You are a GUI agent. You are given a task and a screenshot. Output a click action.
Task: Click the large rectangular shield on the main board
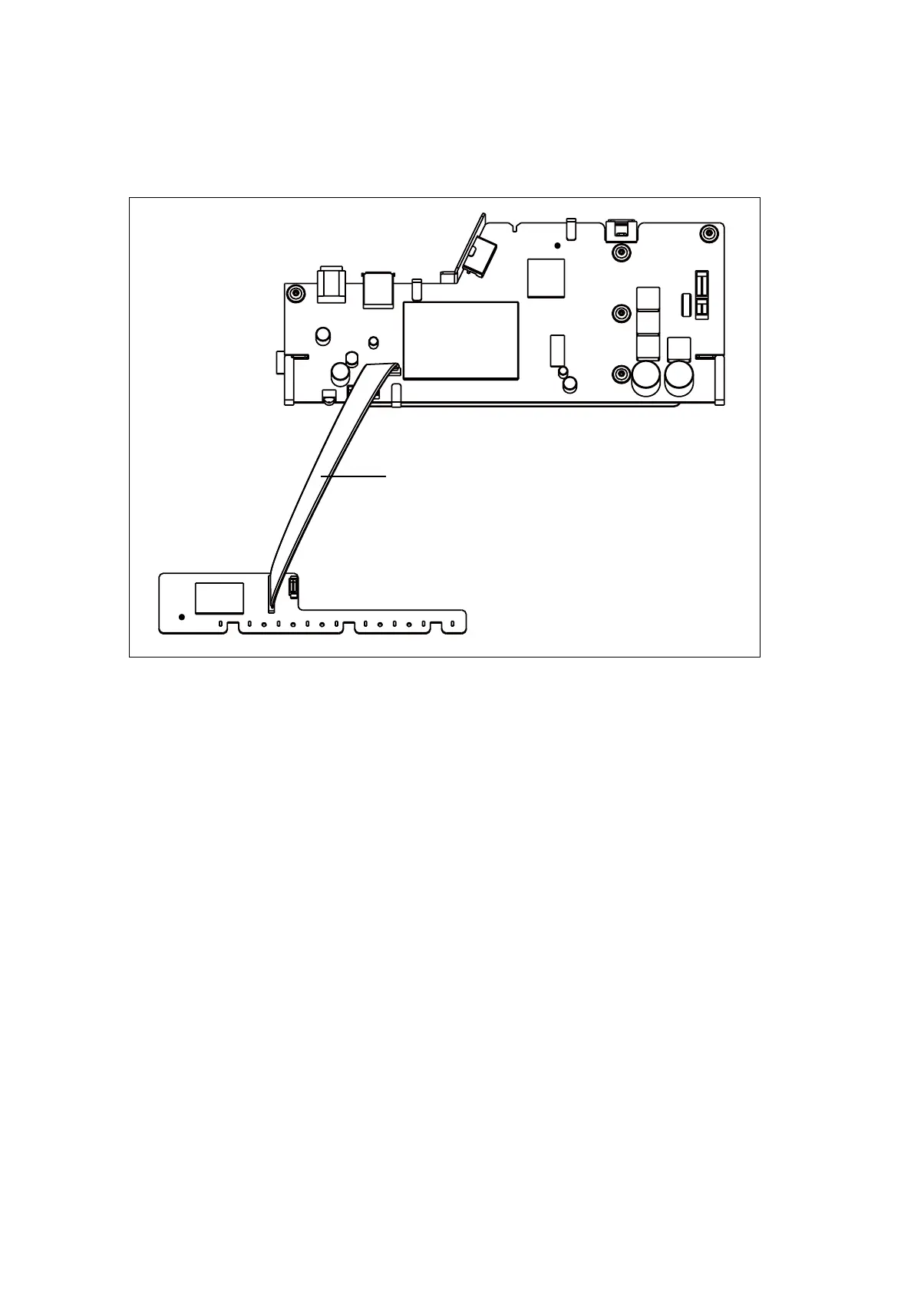[460, 340]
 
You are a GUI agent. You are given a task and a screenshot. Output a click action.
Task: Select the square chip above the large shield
[546, 277]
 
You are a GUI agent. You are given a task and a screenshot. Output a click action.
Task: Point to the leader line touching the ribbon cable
[353, 476]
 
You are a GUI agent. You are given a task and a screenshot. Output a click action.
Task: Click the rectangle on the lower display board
[219, 598]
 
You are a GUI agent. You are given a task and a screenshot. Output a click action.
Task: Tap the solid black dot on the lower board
[182, 616]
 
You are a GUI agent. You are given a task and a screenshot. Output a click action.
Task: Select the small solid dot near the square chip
[557, 246]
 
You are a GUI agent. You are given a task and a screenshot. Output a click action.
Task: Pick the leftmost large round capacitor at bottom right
[646, 377]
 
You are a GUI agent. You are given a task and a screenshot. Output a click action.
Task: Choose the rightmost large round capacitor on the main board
[678, 377]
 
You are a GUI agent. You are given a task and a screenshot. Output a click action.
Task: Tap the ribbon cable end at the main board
[388, 369]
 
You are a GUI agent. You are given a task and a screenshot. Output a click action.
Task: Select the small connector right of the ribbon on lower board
[292, 588]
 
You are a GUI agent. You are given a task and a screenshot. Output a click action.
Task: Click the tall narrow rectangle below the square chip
[557, 350]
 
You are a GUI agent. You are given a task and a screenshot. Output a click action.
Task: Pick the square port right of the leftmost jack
[378, 288]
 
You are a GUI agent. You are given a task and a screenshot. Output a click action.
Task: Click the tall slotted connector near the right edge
[701, 295]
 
